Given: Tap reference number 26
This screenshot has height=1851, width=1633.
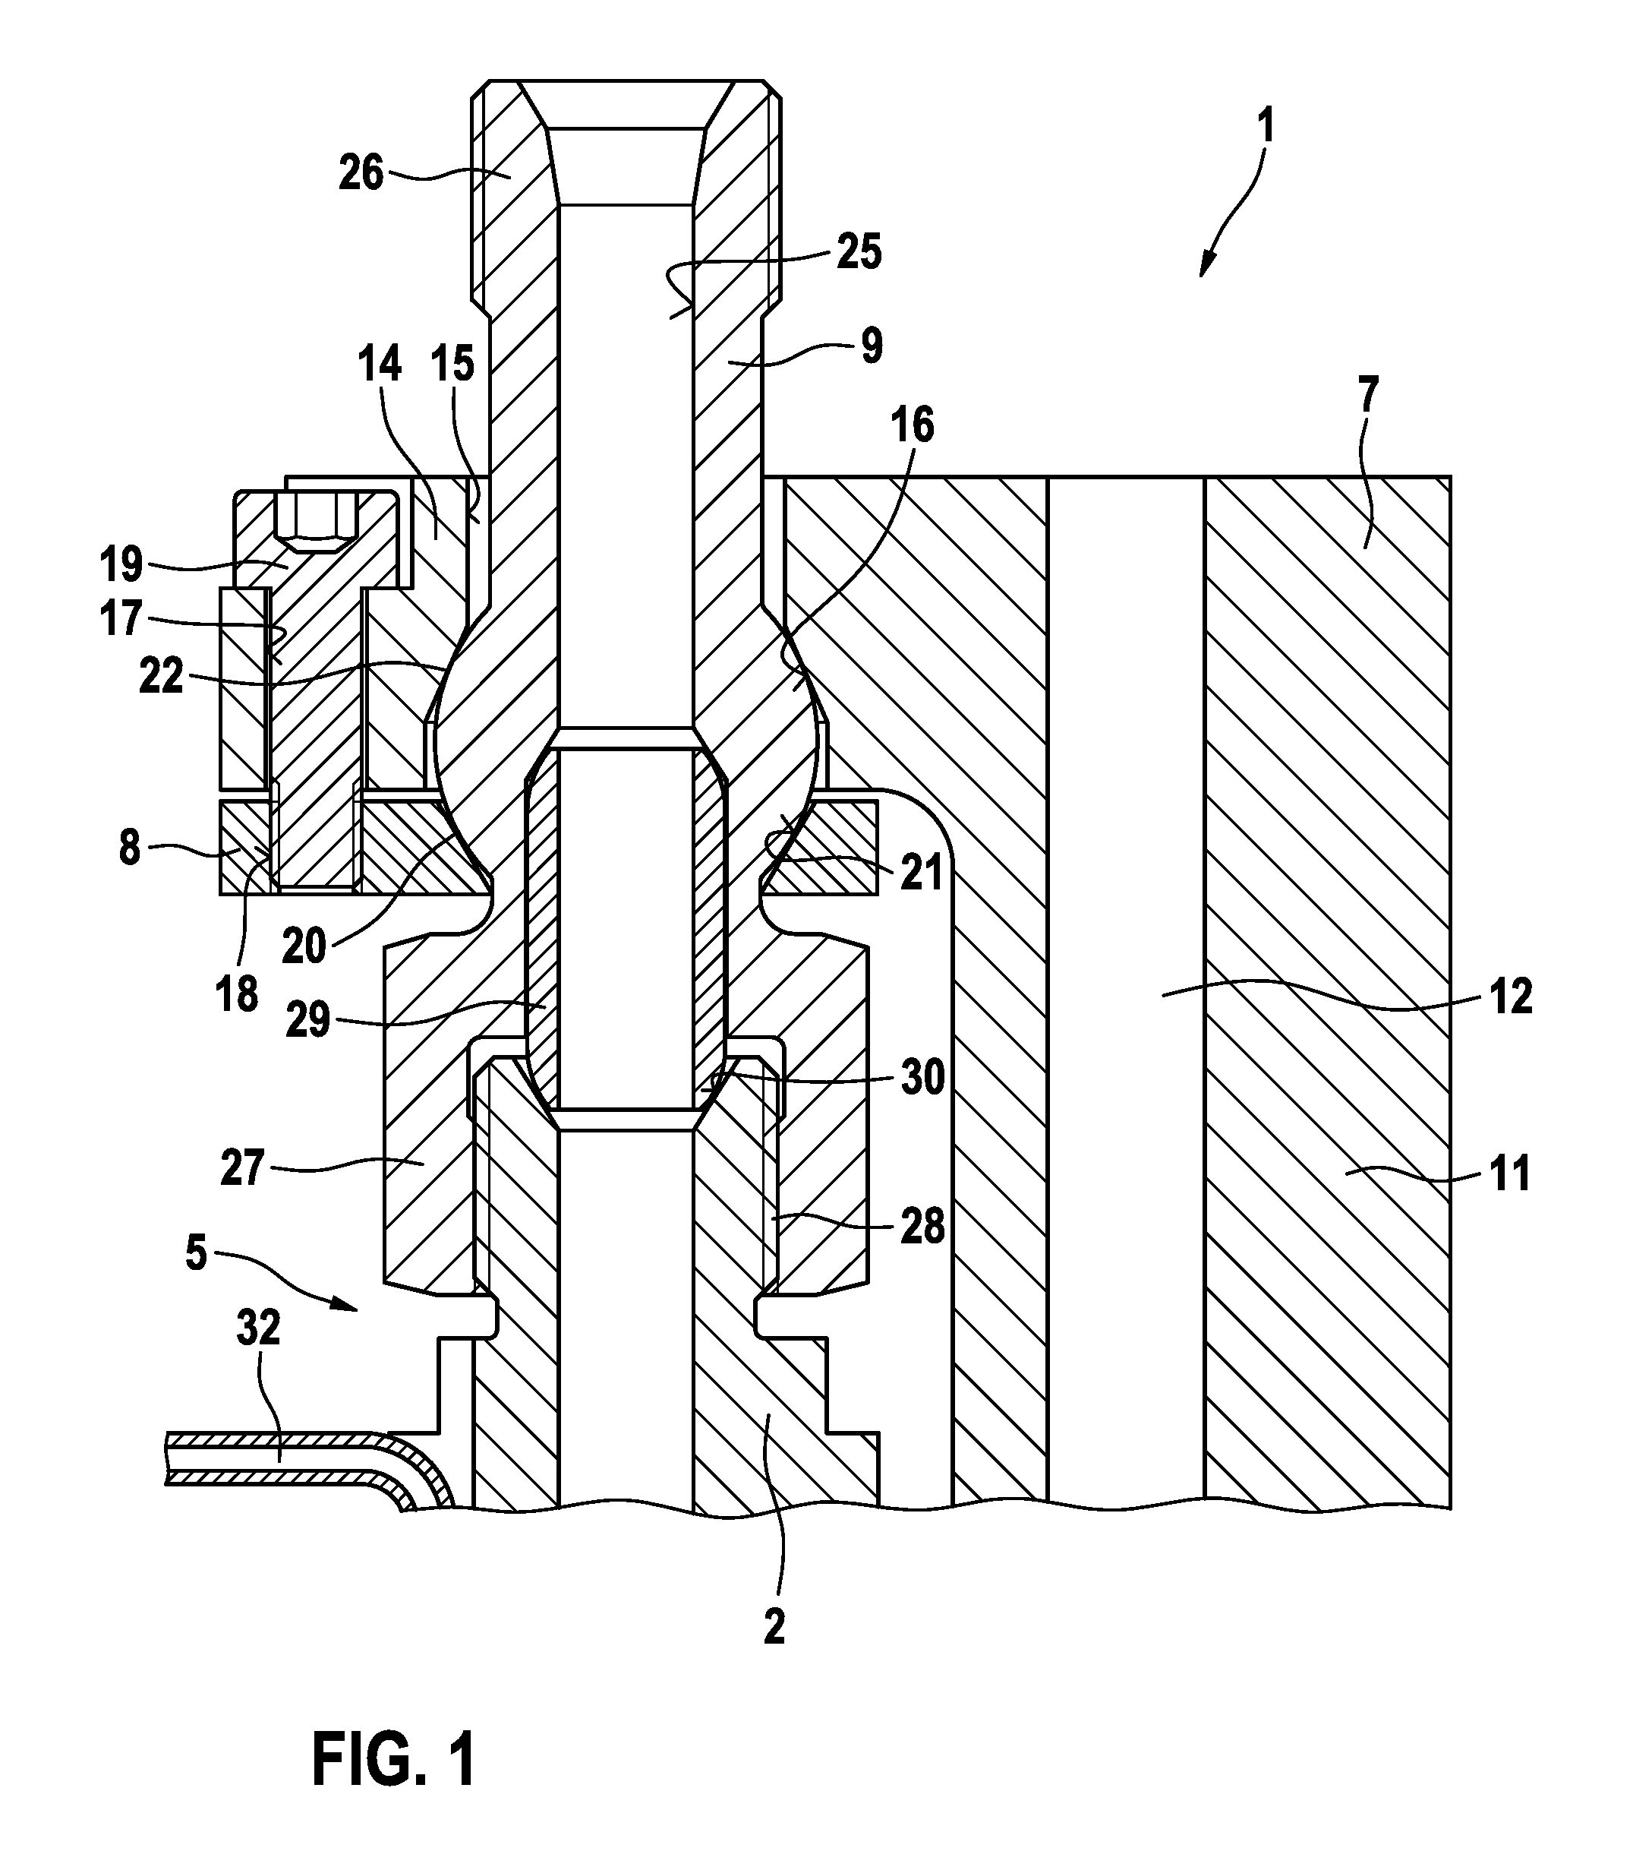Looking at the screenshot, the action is tap(361, 173).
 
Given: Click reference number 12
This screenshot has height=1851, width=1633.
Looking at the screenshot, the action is tap(1508, 996).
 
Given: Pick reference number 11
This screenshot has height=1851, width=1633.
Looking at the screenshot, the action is tap(1508, 1172).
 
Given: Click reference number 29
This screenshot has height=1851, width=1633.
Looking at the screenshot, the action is tap(309, 1023).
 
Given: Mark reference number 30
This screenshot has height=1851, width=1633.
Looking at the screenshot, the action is tap(922, 1078).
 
